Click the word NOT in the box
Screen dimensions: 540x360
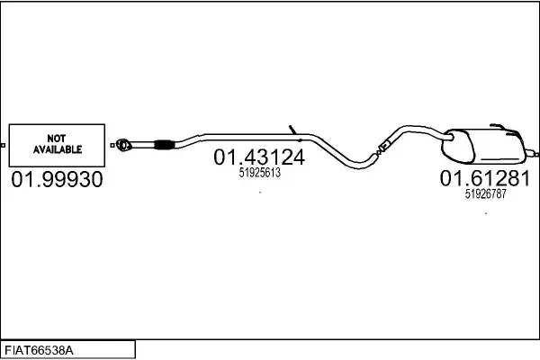(x=57, y=138)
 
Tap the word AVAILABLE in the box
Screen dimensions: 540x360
(x=58, y=149)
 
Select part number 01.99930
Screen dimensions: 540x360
(x=57, y=179)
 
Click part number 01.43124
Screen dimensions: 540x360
(x=259, y=157)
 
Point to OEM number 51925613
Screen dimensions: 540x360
(x=260, y=173)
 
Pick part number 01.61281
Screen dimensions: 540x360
(x=485, y=178)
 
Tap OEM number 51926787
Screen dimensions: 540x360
(x=486, y=193)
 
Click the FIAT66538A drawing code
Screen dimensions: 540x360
(x=39, y=351)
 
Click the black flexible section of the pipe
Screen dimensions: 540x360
(x=163, y=145)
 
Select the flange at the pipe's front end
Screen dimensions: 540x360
(x=123, y=145)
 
